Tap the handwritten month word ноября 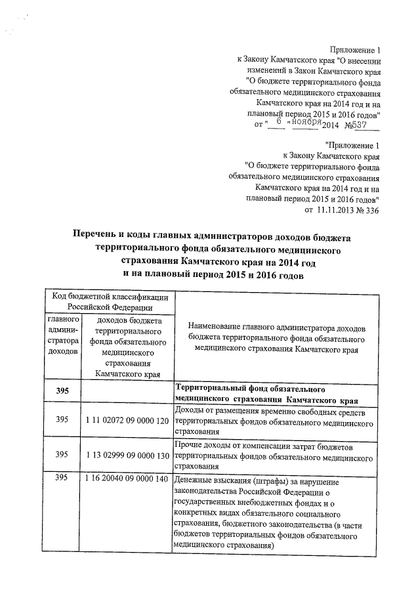click(307, 123)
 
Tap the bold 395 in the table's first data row click(62, 392)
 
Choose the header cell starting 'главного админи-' click(62, 335)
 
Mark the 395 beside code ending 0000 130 click(62, 454)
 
